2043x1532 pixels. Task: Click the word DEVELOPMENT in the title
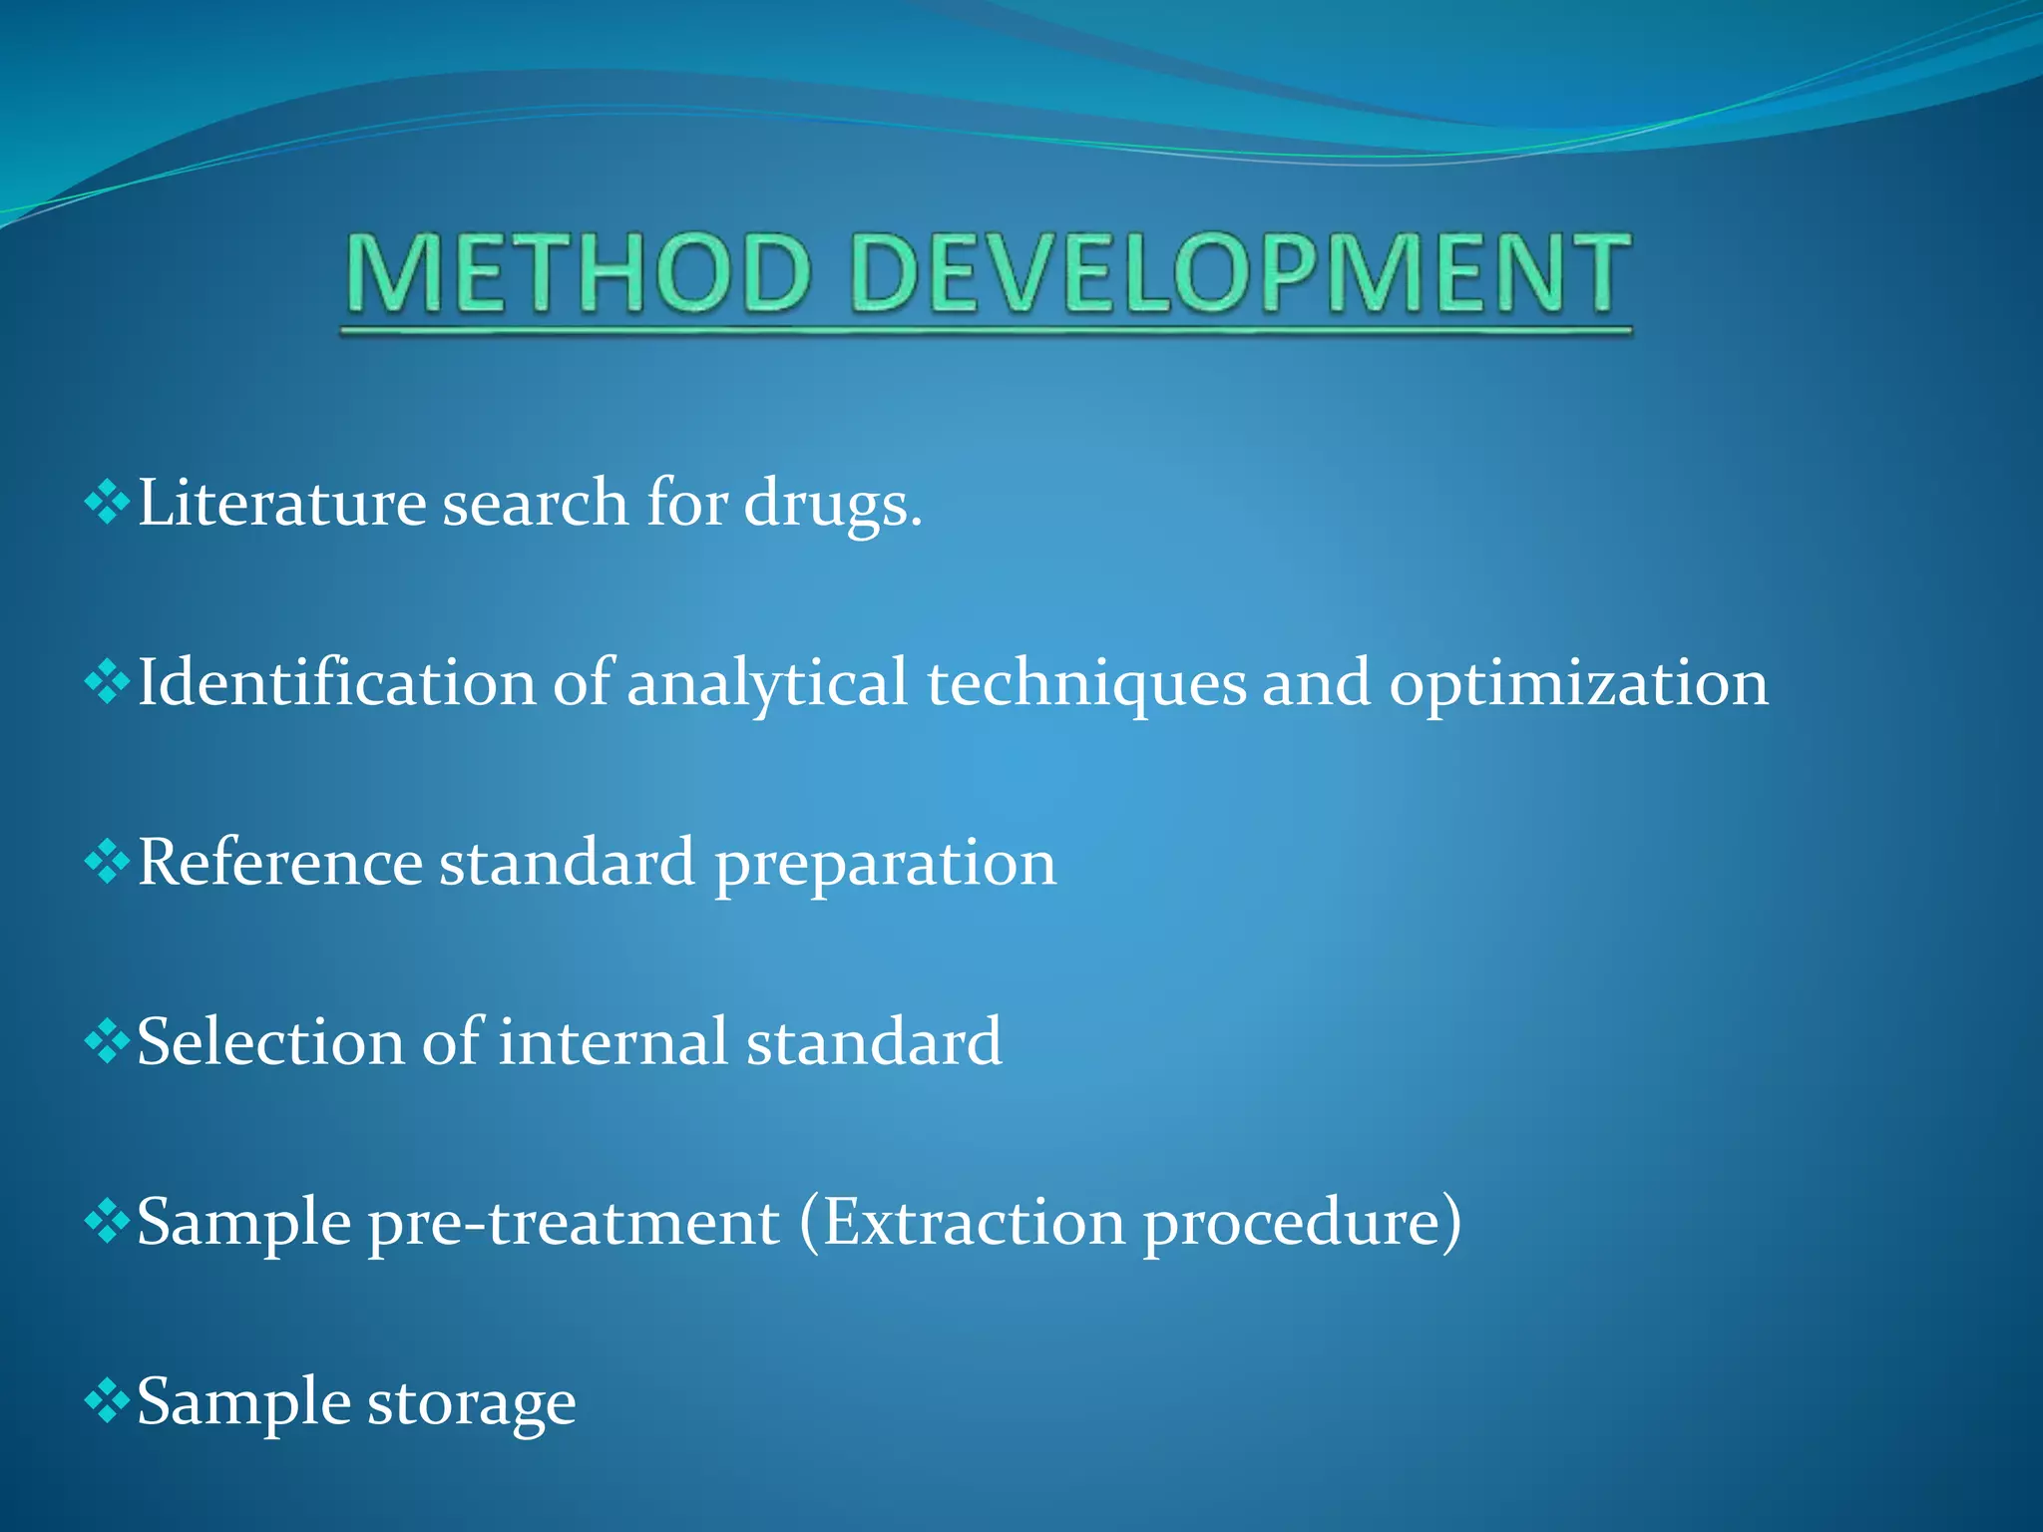coord(1242,272)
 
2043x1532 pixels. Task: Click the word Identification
coord(336,683)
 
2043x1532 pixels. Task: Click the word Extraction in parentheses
coord(974,1223)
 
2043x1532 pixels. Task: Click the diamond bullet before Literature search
coord(107,503)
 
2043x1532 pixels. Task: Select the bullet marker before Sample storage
coord(107,1402)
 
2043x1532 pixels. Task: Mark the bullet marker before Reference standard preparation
coord(107,863)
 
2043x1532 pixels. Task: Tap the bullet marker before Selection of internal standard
coord(107,1042)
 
